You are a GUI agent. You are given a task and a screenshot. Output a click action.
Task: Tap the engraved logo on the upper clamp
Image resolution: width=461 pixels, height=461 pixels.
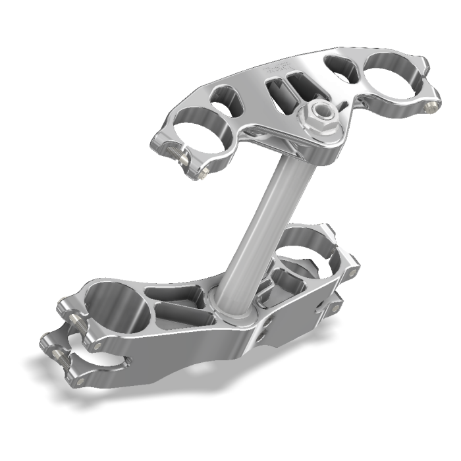click(x=276, y=68)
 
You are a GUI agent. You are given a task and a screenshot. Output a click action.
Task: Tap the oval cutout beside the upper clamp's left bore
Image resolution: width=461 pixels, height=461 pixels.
click(x=224, y=99)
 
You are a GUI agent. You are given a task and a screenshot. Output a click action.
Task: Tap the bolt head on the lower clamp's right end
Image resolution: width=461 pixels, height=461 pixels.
click(x=354, y=271)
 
